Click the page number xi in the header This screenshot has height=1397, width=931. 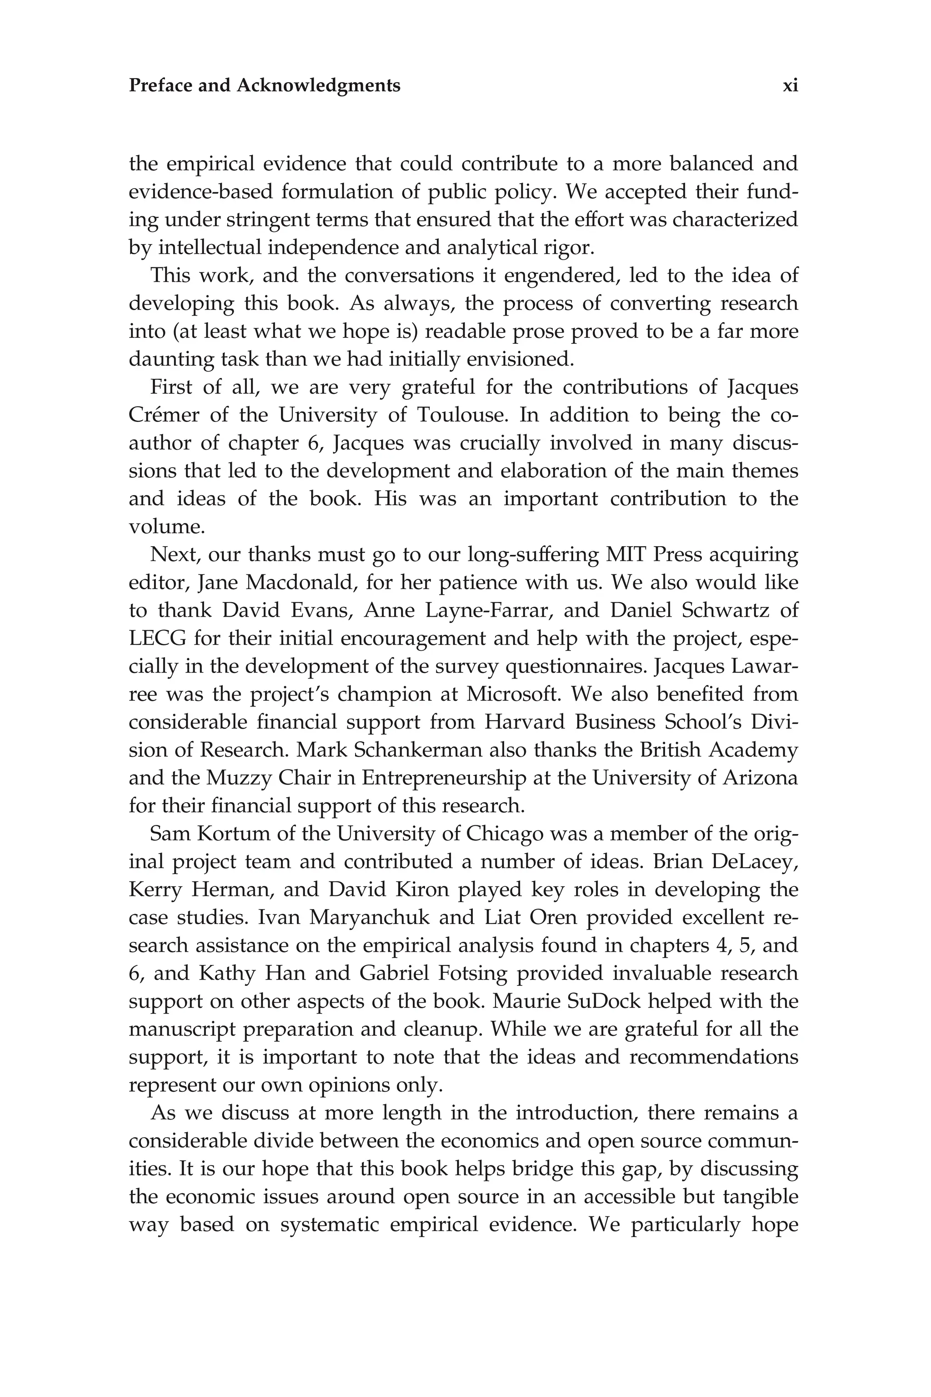click(x=790, y=86)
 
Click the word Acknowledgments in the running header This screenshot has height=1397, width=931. click(x=318, y=86)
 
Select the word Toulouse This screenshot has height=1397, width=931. click(x=463, y=415)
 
